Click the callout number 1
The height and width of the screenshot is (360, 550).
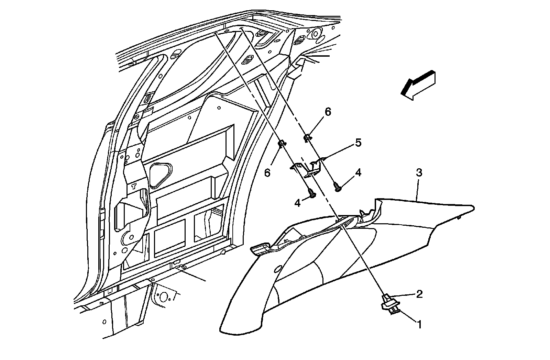pyautogui.click(x=419, y=324)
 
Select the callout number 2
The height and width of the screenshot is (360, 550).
pyautogui.click(x=419, y=294)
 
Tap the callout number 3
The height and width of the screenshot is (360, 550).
pyautogui.click(x=419, y=172)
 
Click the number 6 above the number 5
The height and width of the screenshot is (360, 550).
pyautogui.click(x=328, y=112)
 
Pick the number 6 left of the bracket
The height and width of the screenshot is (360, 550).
pyautogui.click(x=267, y=172)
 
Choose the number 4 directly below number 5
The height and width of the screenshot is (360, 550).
pyautogui.click(x=358, y=173)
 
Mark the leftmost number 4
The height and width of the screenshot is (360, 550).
pyautogui.click(x=297, y=203)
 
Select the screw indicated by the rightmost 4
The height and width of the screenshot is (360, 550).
pyautogui.click(x=338, y=188)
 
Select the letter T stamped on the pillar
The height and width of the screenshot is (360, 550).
pyautogui.click(x=134, y=187)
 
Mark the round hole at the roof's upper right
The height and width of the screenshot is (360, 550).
pyautogui.click(x=315, y=34)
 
